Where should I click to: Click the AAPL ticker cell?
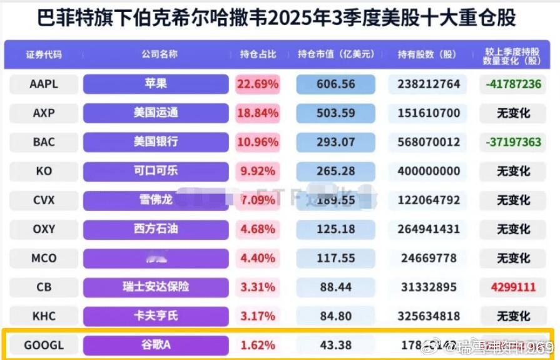pyautogui.click(x=44, y=84)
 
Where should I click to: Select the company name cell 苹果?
pyautogui.click(x=156, y=84)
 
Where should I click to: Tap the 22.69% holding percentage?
pyautogui.click(x=257, y=84)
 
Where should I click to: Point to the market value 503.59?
pyautogui.click(x=335, y=113)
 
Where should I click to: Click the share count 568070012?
pyautogui.click(x=429, y=142)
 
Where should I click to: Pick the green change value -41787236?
pyautogui.click(x=513, y=84)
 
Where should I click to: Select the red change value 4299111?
pyautogui.click(x=513, y=287)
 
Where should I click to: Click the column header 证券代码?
pyautogui.click(x=44, y=54)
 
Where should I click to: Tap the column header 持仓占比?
pyautogui.click(x=257, y=54)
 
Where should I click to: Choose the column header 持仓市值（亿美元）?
pyautogui.click(x=335, y=54)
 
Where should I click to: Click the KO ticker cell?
pyautogui.click(x=44, y=171)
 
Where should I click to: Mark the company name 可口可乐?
pyautogui.click(x=156, y=171)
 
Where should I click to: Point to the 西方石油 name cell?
pyautogui.click(x=156, y=229)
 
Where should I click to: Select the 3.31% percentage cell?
pyautogui.click(x=257, y=287)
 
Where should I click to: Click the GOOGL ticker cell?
pyautogui.click(x=44, y=345)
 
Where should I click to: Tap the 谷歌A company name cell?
pyautogui.click(x=156, y=345)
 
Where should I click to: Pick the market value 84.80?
pyautogui.click(x=335, y=316)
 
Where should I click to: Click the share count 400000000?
pyautogui.click(x=429, y=171)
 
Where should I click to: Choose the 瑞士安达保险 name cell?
pyautogui.click(x=156, y=287)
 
